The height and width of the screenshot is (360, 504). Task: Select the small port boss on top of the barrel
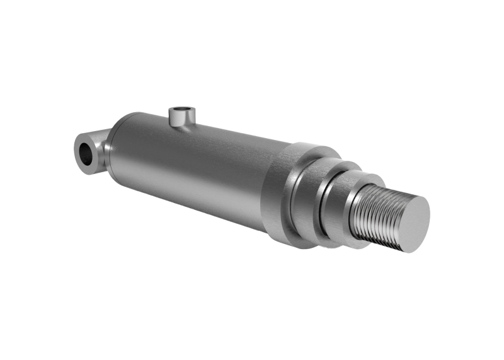click(183, 120)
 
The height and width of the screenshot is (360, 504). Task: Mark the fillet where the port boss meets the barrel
click(183, 129)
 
